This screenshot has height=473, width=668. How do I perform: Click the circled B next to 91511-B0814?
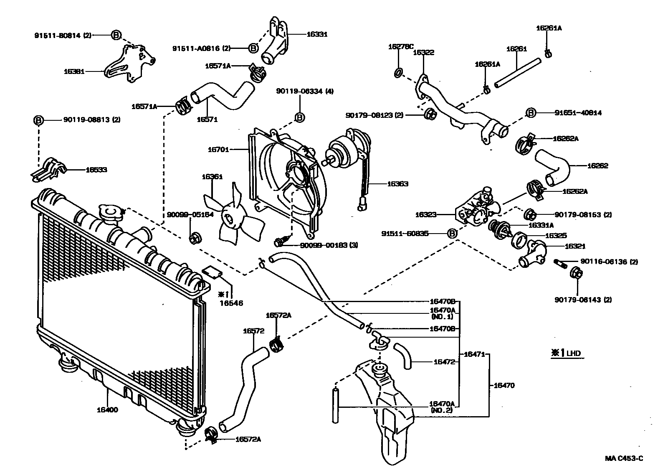point(116,35)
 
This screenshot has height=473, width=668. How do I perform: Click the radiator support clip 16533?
point(49,169)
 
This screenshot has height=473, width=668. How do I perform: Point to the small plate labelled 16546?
point(213,272)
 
